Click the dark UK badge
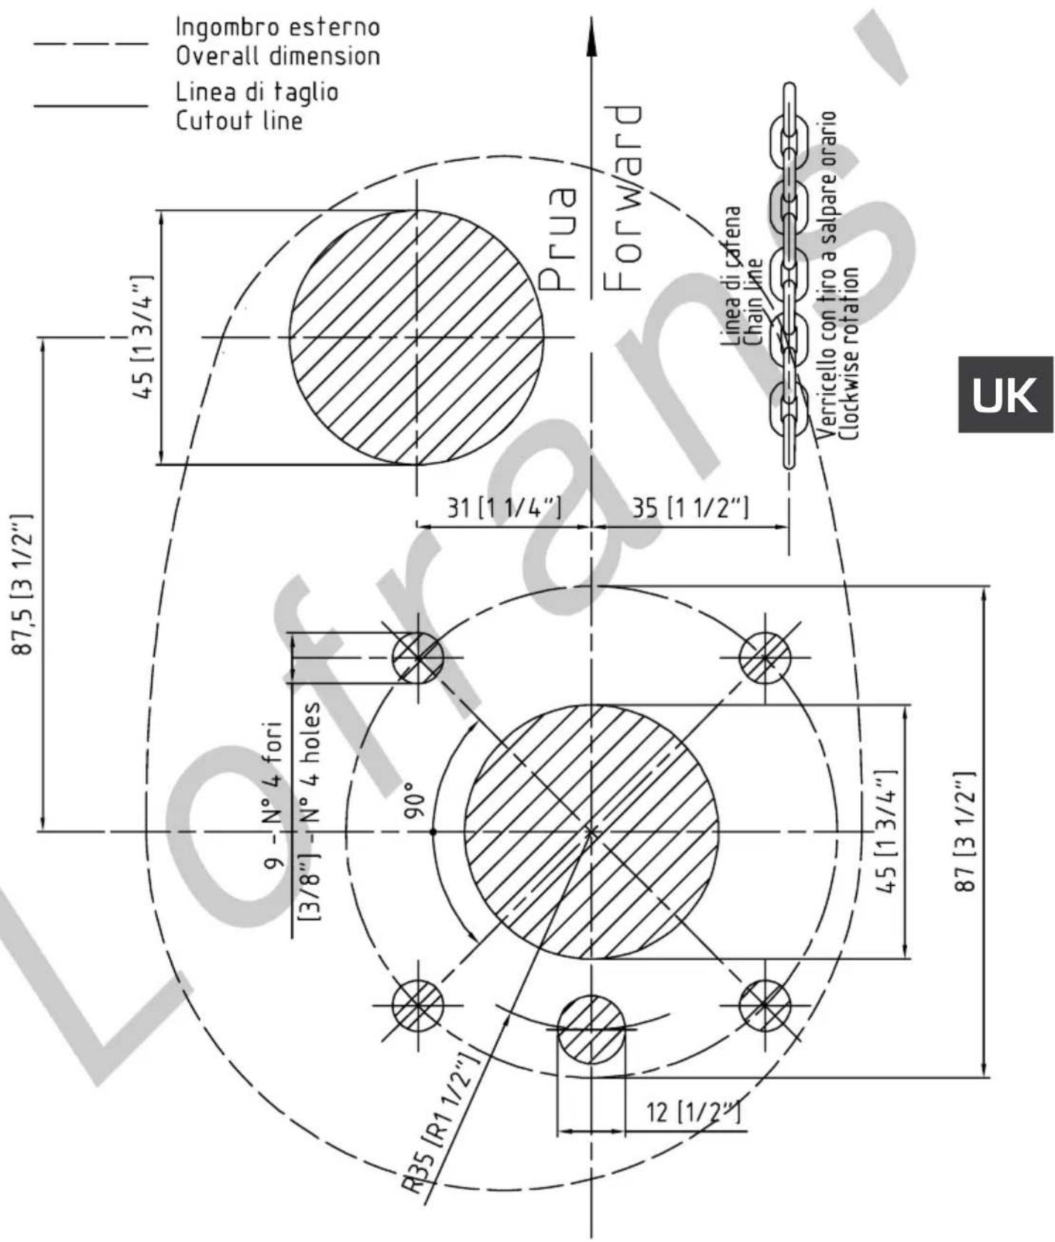(1006, 394)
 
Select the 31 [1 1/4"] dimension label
(504, 508)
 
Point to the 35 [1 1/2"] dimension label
(690, 508)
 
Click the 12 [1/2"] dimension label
(692, 1111)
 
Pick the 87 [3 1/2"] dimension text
(964, 831)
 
